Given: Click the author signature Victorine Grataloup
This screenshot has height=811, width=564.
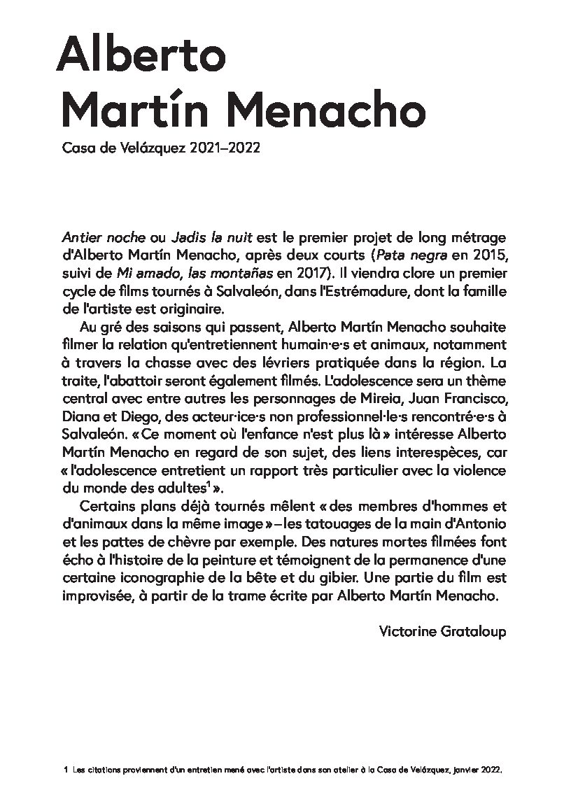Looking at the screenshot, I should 442,631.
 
